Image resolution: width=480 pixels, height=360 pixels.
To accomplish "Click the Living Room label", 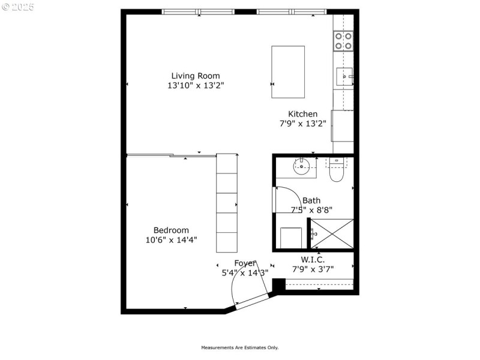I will point(196,76).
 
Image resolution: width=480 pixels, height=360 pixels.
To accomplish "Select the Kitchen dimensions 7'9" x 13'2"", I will point(302,124).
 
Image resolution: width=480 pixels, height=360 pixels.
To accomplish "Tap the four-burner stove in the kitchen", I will point(343,41).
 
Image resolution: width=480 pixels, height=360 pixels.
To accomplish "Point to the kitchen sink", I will point(343,76).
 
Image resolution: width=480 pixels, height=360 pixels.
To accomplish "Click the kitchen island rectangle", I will point(288,71).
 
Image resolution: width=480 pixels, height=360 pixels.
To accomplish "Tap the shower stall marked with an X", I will point(331,233).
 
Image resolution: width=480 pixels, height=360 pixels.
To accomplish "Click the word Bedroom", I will point(171,230).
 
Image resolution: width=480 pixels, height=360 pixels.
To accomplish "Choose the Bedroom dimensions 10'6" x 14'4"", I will point(171,240).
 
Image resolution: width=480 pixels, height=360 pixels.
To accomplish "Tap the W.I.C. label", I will point(313,259).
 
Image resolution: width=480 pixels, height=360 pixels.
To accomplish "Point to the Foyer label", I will point(245,263).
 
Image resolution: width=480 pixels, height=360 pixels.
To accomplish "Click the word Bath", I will point(311,200).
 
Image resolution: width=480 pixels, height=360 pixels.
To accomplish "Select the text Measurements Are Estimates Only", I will point(239,347).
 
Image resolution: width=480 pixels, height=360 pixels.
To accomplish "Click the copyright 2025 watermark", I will point(18,7).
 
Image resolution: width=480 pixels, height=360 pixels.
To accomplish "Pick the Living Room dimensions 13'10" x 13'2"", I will point(196,86).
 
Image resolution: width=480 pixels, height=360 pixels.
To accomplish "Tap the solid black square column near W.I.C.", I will point(278,284).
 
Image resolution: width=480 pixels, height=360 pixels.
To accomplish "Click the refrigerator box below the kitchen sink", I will point(343,125).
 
